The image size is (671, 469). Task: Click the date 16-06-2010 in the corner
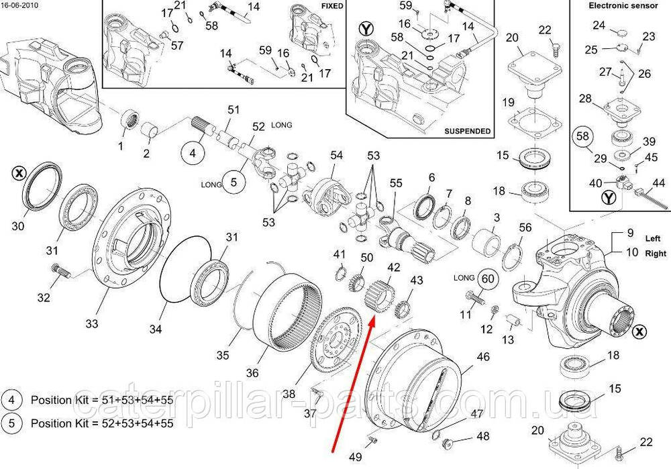19,5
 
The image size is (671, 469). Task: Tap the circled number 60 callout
488,279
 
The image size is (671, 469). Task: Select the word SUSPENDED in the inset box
467,131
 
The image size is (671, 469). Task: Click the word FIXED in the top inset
332,6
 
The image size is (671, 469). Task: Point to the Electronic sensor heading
623,5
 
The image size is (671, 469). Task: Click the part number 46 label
483,356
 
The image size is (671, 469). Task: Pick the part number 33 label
91,323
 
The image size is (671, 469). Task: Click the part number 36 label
252,373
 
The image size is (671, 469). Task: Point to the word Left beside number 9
653,238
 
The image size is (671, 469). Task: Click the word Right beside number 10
656,253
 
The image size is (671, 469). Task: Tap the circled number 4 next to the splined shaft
193,152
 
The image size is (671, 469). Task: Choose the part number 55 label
396,183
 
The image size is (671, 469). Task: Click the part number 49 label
355,457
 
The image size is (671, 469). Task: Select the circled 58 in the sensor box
583,136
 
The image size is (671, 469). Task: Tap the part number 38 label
289,394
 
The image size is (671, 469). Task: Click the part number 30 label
18,225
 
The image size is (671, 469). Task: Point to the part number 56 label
525,227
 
